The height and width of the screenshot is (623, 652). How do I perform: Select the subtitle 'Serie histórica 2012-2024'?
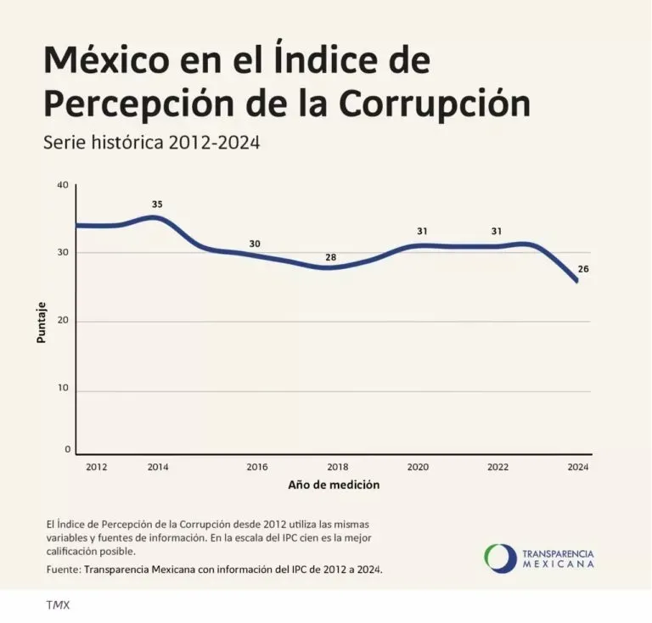(x=150, y=143)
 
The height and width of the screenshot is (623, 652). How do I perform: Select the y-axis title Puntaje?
(x=42, y=322)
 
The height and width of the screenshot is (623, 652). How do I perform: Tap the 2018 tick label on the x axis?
(x=337, y=467)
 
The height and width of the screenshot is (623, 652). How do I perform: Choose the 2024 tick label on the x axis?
(x=577, y=467)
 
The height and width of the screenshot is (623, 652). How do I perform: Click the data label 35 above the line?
(x=157, y=205)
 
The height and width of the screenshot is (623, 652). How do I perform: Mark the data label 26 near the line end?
(x=583, y=269)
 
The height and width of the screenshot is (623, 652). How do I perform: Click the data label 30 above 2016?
(x=255, y=244)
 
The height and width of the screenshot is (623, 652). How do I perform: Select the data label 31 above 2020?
(x=422, y=231)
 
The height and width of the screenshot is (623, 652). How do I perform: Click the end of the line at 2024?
(x=577, y=281)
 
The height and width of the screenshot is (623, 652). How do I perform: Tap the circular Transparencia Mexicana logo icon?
(x=500, y=558)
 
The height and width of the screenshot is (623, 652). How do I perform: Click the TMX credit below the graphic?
(x=58, y=605)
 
